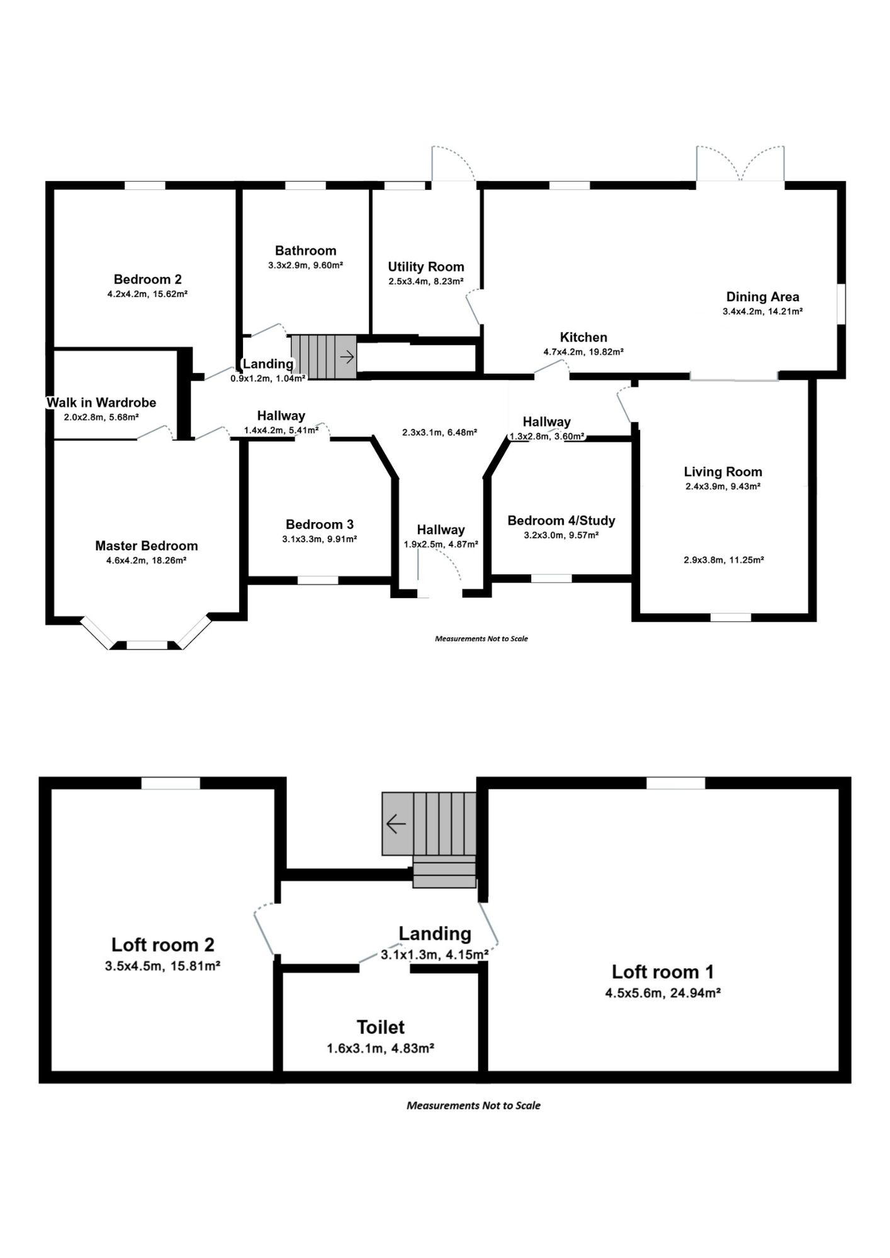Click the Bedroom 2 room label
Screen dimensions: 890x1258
coord(147,279)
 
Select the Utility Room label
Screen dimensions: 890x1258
coord(426,267)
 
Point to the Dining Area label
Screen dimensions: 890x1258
coord(763,297)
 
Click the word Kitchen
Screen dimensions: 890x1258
coord(583,338)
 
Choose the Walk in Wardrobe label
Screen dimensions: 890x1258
coord(101,403)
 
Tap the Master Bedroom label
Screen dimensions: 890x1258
coord(147,546)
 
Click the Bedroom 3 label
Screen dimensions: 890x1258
coord(320,525)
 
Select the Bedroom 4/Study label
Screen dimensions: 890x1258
coord(561,521)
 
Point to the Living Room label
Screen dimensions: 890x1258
coord(723,472)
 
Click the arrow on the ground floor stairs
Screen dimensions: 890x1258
coord(347,357)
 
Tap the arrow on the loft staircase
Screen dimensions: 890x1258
coord(396,823)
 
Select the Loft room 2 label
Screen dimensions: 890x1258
coord(163,945)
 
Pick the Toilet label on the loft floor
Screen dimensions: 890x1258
coord(381,1027)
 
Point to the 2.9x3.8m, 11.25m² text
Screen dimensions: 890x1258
coord(724,560)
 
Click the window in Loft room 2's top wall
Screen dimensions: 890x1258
coord(171,783)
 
